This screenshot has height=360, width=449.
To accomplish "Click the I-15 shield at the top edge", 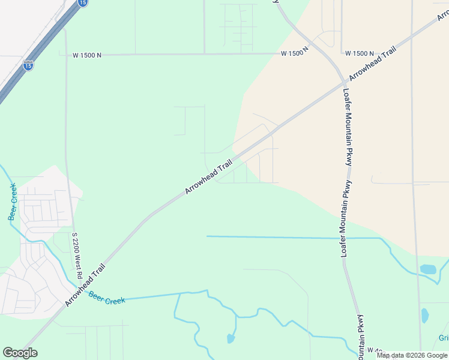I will pos(83,3).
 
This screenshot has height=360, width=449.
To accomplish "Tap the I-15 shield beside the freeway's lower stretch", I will pos(28,64).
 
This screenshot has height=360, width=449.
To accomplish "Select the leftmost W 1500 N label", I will pos(87,55).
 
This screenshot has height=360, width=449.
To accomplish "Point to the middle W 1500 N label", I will pos(294,53).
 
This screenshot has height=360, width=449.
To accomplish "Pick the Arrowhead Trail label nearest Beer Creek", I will pos(85,286).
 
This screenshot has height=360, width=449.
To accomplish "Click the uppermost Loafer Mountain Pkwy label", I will pos(347,128).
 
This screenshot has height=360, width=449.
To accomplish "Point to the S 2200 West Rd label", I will pos(76,256).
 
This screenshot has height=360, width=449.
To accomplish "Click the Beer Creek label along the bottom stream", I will pos(107,297).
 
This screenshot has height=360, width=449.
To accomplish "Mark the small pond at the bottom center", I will pos(231,339).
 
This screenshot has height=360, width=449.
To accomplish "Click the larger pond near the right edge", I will pos(428,269).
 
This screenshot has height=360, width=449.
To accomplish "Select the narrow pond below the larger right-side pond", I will pos(425,315).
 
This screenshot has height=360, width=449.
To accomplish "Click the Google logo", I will pos(20,353).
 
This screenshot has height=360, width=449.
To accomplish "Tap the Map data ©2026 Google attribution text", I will pos(412,355).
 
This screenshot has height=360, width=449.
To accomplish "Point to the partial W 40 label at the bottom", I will pos(375,350).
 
